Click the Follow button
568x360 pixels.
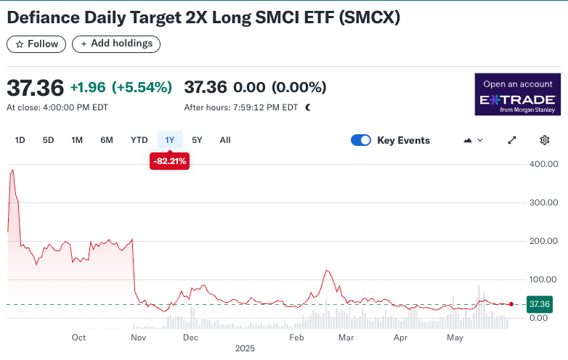(36, 44)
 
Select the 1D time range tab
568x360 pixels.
(20, 140)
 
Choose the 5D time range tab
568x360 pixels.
(48, 140)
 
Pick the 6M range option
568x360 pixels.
(107, 140)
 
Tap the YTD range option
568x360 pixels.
(139, 140)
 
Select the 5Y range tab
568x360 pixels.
(198, 140)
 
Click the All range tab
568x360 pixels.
(225, 140)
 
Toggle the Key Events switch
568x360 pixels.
(361, 140)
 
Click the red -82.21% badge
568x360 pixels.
(169, 161)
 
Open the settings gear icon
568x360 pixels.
(545, 140)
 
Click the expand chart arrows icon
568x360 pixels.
(512, 140)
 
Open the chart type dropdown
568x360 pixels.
(473, 140)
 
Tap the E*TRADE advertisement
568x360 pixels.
(518, 94)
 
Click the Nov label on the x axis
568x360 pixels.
(139, 337)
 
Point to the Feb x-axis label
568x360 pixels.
(296, 337)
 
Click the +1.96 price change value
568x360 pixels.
(88, 88)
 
